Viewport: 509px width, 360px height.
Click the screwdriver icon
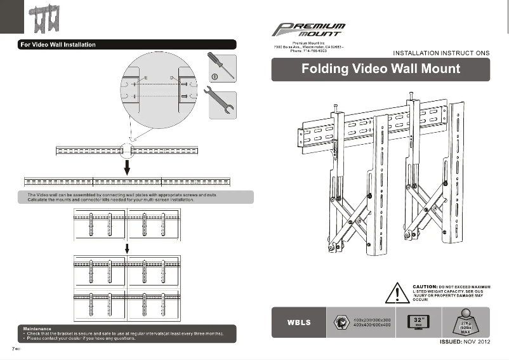(x=221, y=67)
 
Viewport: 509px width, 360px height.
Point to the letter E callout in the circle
(x=147, y=77)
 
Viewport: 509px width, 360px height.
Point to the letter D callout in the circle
(x=171, y=77)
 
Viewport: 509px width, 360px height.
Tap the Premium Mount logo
(x=309, y=29)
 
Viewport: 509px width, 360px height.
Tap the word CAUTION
(x=423, y=287)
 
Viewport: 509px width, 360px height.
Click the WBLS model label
(x=300, y=323)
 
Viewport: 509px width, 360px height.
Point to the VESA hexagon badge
(x=340, y=322)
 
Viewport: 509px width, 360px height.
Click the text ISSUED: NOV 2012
(x=465, y=342)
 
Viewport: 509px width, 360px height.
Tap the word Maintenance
(x=36, y=328)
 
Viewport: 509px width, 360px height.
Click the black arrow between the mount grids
(x=127, y=247)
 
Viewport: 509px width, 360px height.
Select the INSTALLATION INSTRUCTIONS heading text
(x=441, y=53)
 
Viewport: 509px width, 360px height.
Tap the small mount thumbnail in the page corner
(x=45, y=20)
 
